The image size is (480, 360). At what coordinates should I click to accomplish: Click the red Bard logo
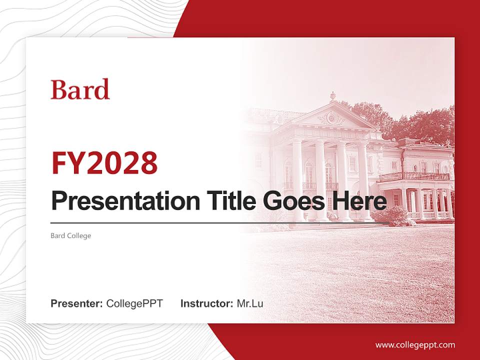(80, 89)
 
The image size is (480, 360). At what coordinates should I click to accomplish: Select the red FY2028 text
(104, 163)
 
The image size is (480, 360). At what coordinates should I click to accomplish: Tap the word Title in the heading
(227, 201)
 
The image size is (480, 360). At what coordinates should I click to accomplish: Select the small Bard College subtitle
(71, 235)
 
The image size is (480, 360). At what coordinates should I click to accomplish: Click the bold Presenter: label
(77, 303)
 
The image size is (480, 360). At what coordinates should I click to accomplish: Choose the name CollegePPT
(134, 303)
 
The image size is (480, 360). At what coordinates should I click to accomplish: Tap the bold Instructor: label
(206, 303)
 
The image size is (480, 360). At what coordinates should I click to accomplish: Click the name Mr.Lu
(250, 303)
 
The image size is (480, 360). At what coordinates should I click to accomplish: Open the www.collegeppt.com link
(415, 344)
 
